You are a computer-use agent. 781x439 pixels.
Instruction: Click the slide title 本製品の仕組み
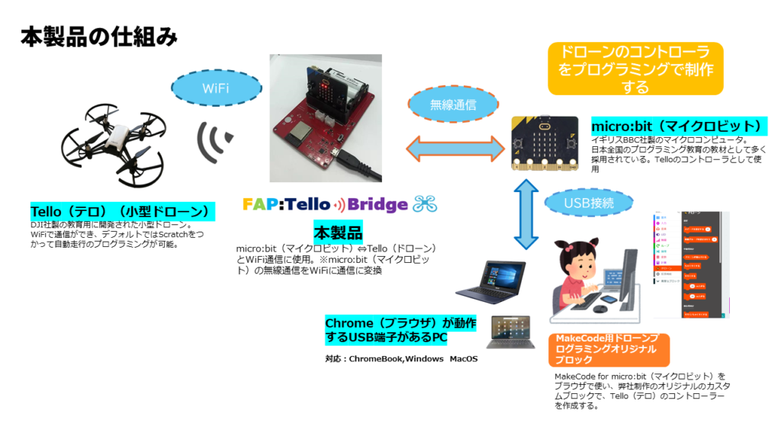tap(99, 36)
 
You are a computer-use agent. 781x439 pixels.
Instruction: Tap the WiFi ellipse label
tap(215, 89)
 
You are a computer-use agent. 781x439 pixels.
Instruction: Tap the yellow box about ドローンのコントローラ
tap(635, 69)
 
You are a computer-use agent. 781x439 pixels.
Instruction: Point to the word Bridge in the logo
tap(378, 204)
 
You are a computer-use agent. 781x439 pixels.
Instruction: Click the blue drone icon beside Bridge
tap(425, 203)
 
